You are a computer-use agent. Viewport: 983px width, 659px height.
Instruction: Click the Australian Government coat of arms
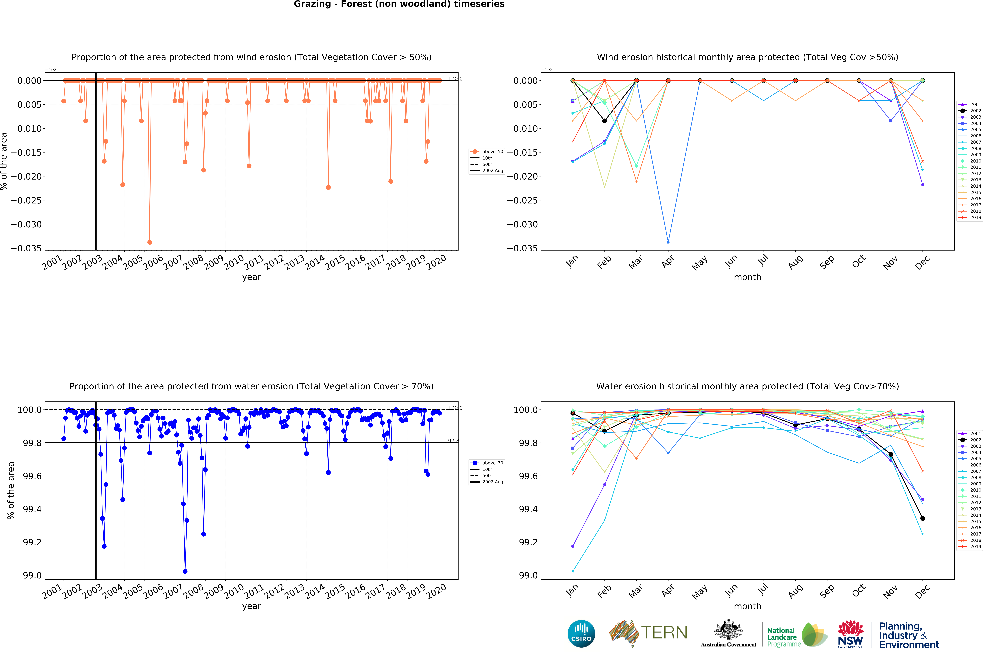pos(728,630)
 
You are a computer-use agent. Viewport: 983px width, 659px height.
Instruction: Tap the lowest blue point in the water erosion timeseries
pos(185,571)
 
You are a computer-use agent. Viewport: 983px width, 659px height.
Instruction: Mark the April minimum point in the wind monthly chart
pos(668,242)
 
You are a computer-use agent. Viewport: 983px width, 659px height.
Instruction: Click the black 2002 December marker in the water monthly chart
pos(922,518)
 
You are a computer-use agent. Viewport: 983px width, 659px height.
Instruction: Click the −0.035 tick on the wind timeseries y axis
pos(26,248)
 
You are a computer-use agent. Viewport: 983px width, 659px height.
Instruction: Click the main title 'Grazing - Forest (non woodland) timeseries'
pos(399,4)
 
